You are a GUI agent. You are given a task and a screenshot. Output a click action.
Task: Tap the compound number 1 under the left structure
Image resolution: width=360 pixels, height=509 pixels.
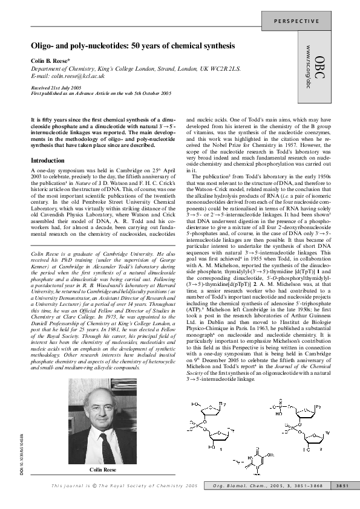click(x=220, y=449)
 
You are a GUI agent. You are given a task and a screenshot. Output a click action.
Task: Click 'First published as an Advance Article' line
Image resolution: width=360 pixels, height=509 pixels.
click(x=101, y=93)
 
